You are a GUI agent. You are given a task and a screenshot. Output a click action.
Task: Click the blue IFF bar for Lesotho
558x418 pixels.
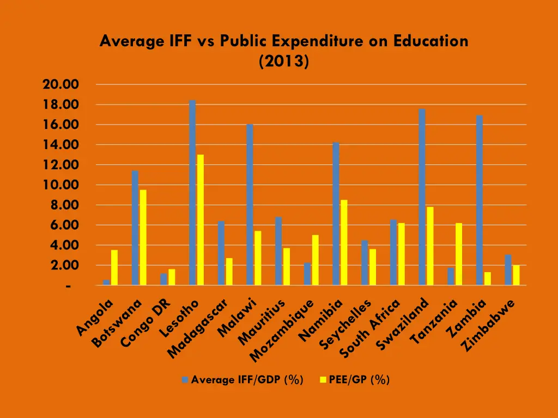pyautogui.click(x=192, y=193)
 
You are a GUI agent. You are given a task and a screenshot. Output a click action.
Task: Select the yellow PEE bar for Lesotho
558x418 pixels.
pyautogui.click(x=201, y=220)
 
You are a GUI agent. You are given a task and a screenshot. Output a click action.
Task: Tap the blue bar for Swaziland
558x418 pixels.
pyautogui.click(x=422, y=197)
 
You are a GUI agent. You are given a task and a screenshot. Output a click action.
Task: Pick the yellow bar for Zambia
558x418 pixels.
pyautogui.click(x=487, y=279)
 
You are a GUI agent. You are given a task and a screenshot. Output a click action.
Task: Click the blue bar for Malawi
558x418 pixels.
pyautogui.click(x=250, y=205)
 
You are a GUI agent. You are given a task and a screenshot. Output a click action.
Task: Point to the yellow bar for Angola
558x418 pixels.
pyautogui.click(x=114, y=267)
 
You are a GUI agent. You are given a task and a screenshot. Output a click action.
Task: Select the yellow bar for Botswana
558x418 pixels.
pyautogui.click(x=143, y=237)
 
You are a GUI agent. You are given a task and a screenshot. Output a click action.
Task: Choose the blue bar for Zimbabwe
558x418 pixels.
pyautogui.click(x=508, y=270)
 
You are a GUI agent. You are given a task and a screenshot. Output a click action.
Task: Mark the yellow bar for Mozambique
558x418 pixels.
pyautogui.click(x=316, y=260)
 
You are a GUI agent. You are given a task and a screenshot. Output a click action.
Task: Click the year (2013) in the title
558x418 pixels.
pyautogui.click(x=284, y=62)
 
